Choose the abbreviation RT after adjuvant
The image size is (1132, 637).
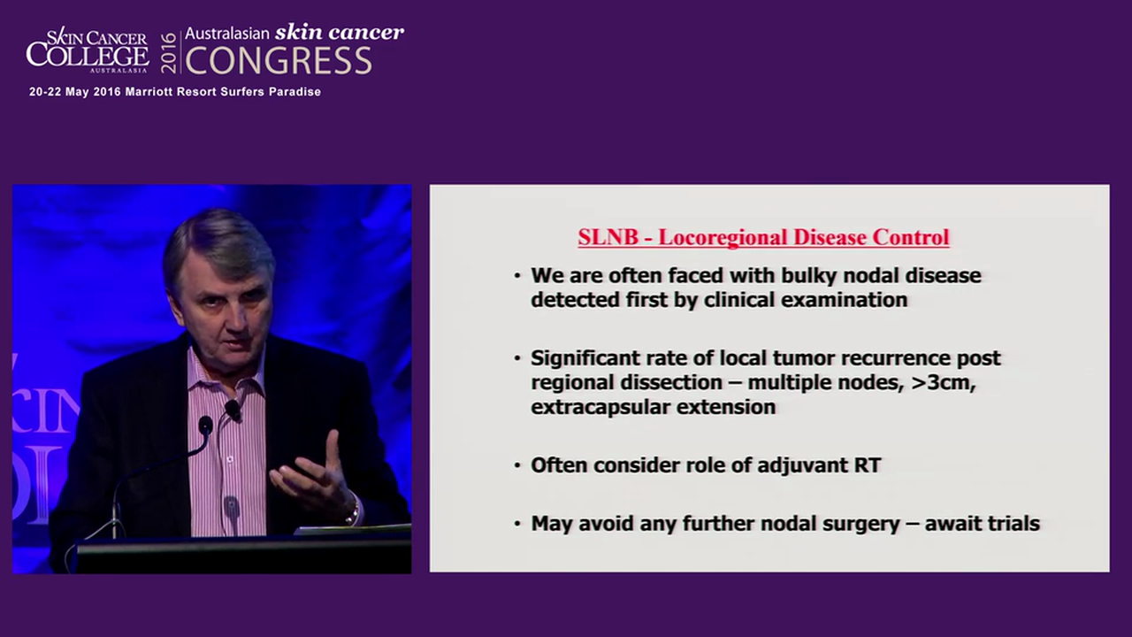point(867,464)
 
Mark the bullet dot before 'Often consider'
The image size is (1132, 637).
point(517,464)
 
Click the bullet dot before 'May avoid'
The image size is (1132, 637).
point(517,523)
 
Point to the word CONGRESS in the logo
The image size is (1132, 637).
point(279,61)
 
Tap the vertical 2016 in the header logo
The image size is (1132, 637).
point(168,52)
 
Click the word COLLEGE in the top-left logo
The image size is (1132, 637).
point(87,55)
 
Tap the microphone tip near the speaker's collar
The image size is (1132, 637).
point(232,409)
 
